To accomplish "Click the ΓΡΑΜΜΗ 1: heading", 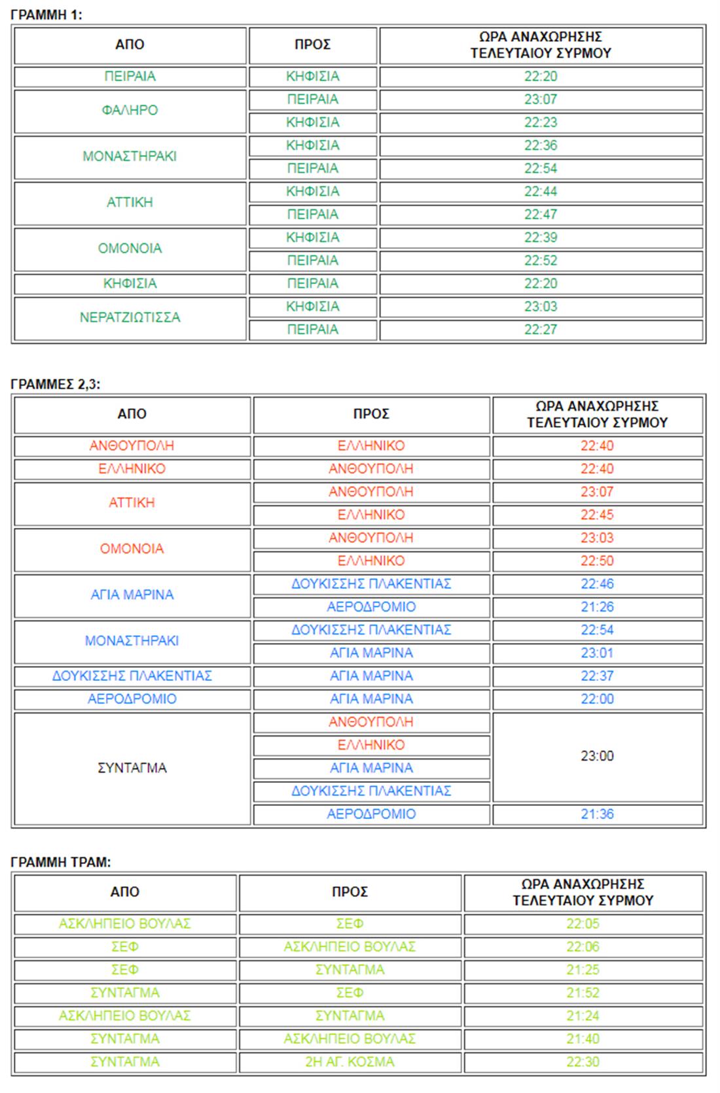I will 46,15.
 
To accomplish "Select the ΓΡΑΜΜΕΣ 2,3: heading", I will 56,385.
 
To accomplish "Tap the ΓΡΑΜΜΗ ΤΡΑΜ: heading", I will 61,862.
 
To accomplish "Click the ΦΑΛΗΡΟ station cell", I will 130,111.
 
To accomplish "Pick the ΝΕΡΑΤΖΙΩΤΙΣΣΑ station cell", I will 130,318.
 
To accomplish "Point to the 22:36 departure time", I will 541,145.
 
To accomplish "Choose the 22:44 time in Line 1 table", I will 541,192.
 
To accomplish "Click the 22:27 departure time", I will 541,330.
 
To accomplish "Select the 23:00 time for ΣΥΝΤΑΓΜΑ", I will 597,756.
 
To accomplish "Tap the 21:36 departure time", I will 597,814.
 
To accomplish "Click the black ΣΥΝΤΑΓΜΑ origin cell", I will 132,768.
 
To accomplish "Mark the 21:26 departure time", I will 597,607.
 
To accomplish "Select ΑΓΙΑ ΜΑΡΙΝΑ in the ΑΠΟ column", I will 132,595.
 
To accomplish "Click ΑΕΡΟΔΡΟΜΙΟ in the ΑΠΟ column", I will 132,699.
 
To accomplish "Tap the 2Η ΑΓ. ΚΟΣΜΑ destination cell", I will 350,1062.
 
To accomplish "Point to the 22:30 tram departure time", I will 583,1062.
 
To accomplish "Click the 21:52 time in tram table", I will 583,993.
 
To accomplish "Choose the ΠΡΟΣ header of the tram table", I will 350,892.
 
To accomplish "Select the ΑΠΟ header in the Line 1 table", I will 130,44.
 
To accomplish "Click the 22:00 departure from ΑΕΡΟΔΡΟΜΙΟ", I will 597,699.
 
